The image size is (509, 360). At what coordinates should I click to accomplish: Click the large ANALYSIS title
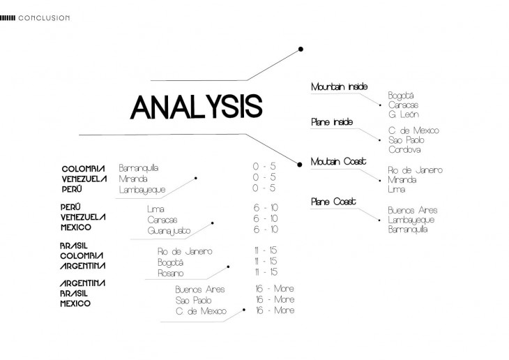[x=196, y=107]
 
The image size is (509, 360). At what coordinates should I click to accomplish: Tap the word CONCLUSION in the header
[x=44, y=17]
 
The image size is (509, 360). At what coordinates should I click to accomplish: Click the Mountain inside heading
[x=339, y=87]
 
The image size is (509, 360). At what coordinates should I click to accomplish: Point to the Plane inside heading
[x=332, y=122]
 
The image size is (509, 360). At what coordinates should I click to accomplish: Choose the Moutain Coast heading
[x=338, y=162]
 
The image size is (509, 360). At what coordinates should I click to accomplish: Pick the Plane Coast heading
[x=333, y=202]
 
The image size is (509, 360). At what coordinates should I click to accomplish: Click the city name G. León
[x=404, y=114]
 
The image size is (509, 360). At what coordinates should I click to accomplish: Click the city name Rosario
[x=171, y=273]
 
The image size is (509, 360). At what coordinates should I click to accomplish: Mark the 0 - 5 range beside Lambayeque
[x=264, y=188]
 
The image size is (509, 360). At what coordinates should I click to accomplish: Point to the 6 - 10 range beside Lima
[x=266, y=208]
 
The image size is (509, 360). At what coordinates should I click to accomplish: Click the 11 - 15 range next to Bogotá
[x=266, y=261]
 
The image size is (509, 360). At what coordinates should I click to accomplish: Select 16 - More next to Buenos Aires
[x=275, y=288]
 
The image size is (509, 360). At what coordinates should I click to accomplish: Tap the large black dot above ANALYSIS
[x=301, y=49]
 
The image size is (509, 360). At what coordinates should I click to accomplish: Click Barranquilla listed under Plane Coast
[x=408, y=229]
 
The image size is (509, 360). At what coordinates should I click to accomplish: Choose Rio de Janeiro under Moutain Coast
[x=415, y=170]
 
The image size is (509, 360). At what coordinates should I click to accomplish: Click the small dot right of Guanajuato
[x=213, y=223]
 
